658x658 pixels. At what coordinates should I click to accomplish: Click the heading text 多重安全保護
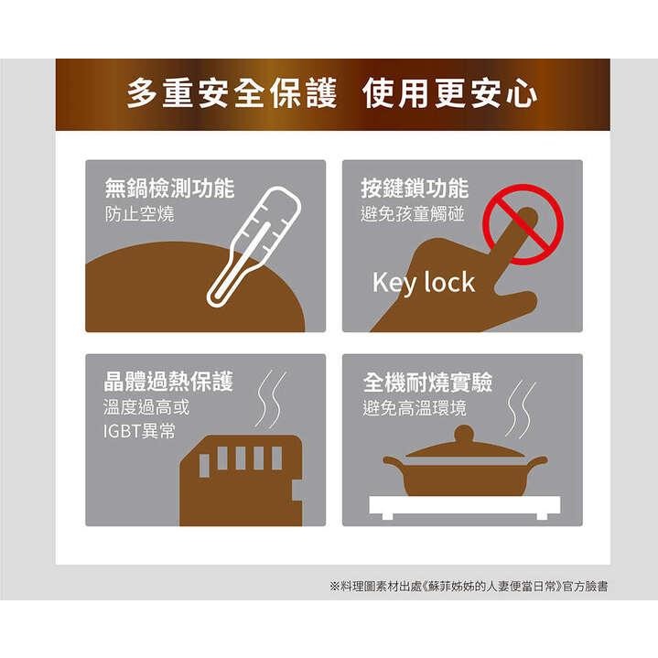click(232, 95)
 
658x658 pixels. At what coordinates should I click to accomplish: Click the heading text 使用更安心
click(449, 95)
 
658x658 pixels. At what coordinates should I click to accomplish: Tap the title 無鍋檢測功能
click(169, 189)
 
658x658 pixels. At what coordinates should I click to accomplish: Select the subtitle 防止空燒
click(139, 216)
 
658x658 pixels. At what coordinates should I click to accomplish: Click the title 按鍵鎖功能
click(415, 189)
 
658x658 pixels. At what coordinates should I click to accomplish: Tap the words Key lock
click(424, 283)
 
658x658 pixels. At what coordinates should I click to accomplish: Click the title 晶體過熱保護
click(169, 381)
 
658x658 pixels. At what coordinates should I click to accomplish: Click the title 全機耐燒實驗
click(426, 381)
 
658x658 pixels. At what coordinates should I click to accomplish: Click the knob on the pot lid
click(465, 433)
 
